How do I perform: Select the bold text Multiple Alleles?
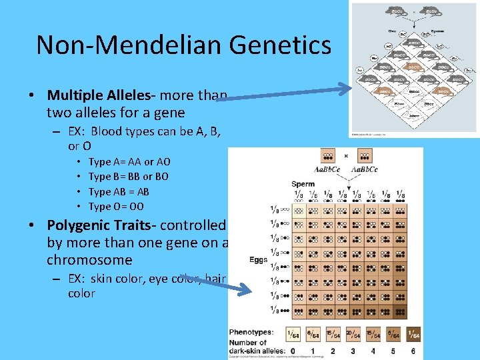coord(93,95)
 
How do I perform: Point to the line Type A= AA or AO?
coord(129,161)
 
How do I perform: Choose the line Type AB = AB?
coord(119,191)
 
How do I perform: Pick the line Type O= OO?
coord(116,206)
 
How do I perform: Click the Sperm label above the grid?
coord(303,184)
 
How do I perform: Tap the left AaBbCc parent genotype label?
coord(328,170)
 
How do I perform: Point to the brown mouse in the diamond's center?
coord(414,67)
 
